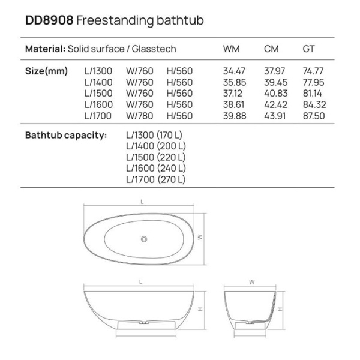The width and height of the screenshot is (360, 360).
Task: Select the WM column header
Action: click(x=231, y=49)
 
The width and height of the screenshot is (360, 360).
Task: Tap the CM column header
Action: click(x=271, y=49)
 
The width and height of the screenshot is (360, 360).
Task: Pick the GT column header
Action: click(x=308, y=49)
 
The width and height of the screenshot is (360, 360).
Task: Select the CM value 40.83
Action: click(x=273, y=93)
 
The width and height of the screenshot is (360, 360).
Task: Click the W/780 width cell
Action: click(x=139, y=115)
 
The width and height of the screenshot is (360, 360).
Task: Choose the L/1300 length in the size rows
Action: click(x=98, y=71)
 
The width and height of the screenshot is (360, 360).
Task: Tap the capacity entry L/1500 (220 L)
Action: click(x=156, y=157)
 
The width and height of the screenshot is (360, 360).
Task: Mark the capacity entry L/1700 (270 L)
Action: click(x=156, y=179)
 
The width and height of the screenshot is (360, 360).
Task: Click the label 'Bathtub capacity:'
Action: click(x=66, y=135)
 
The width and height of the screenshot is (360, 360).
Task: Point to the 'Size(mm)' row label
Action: click(x=45, y=71)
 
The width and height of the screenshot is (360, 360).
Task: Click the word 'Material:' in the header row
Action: click(x=44, y=49)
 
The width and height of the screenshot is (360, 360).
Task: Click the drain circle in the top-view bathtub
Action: click(x=144, y=239)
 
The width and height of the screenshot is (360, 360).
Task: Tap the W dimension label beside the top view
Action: click(x=201, y=238)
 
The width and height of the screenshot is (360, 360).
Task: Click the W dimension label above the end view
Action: click(x=251, y=281)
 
